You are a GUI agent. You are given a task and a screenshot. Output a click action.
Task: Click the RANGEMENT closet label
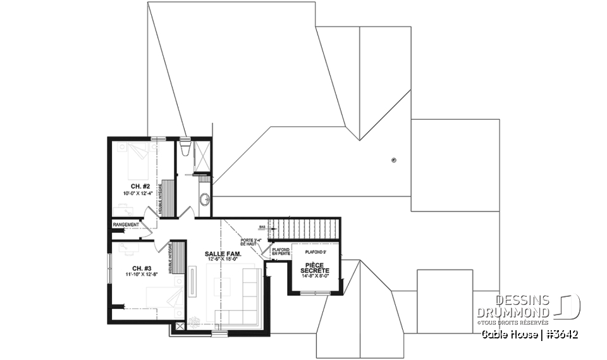click(125, 225)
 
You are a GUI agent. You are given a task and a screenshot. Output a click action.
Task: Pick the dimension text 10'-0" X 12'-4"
click(138, 193)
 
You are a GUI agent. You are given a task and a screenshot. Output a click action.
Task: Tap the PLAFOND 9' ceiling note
click(314, 251)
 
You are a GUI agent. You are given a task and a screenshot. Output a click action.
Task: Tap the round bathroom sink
click(204, 200)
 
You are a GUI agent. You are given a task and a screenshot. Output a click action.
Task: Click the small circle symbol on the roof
click(394, 160)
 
